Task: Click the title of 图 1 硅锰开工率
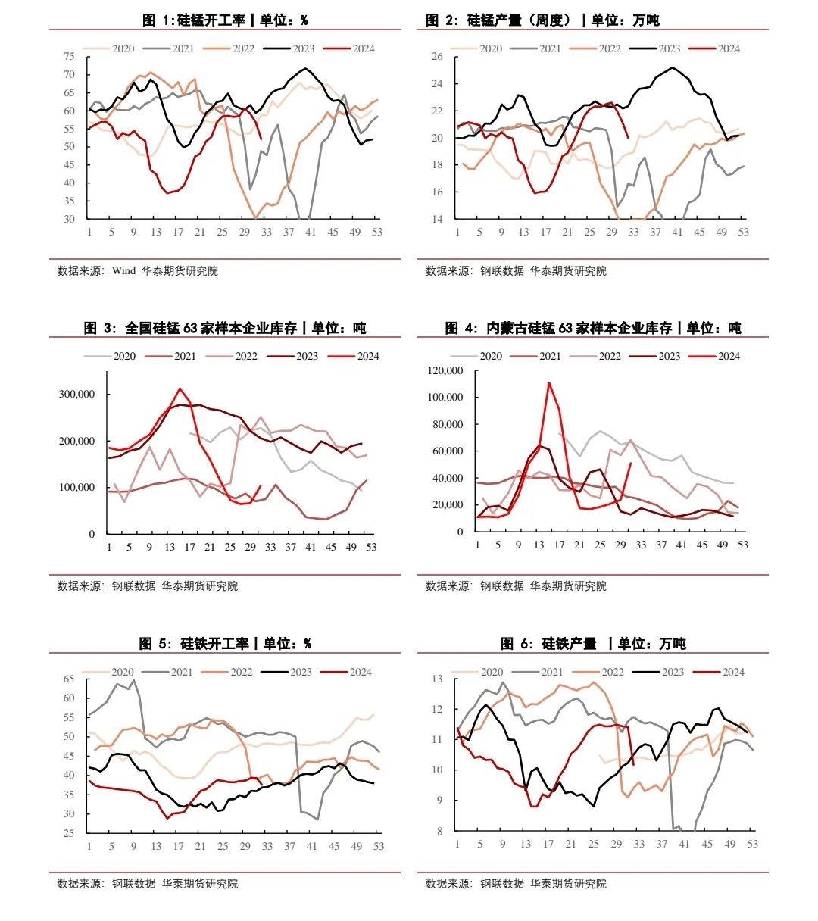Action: [225, 20]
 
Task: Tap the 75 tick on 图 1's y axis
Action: [70, 57]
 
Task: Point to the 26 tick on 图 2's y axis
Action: [437, 57]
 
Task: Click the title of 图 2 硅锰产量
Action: [542, 20]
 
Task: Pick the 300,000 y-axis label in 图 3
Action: [76, 394]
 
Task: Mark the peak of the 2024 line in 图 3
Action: [180, 389]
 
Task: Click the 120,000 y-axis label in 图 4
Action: [445, 370]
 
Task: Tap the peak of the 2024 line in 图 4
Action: [548, 382]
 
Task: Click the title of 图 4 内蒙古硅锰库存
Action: [593, 328]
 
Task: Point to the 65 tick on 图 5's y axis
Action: [69, 679]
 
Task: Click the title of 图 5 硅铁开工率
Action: [225, 644]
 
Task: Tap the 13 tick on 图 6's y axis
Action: [437, 679]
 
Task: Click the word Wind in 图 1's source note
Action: [123, 270]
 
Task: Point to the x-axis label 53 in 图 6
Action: [752, 844]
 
